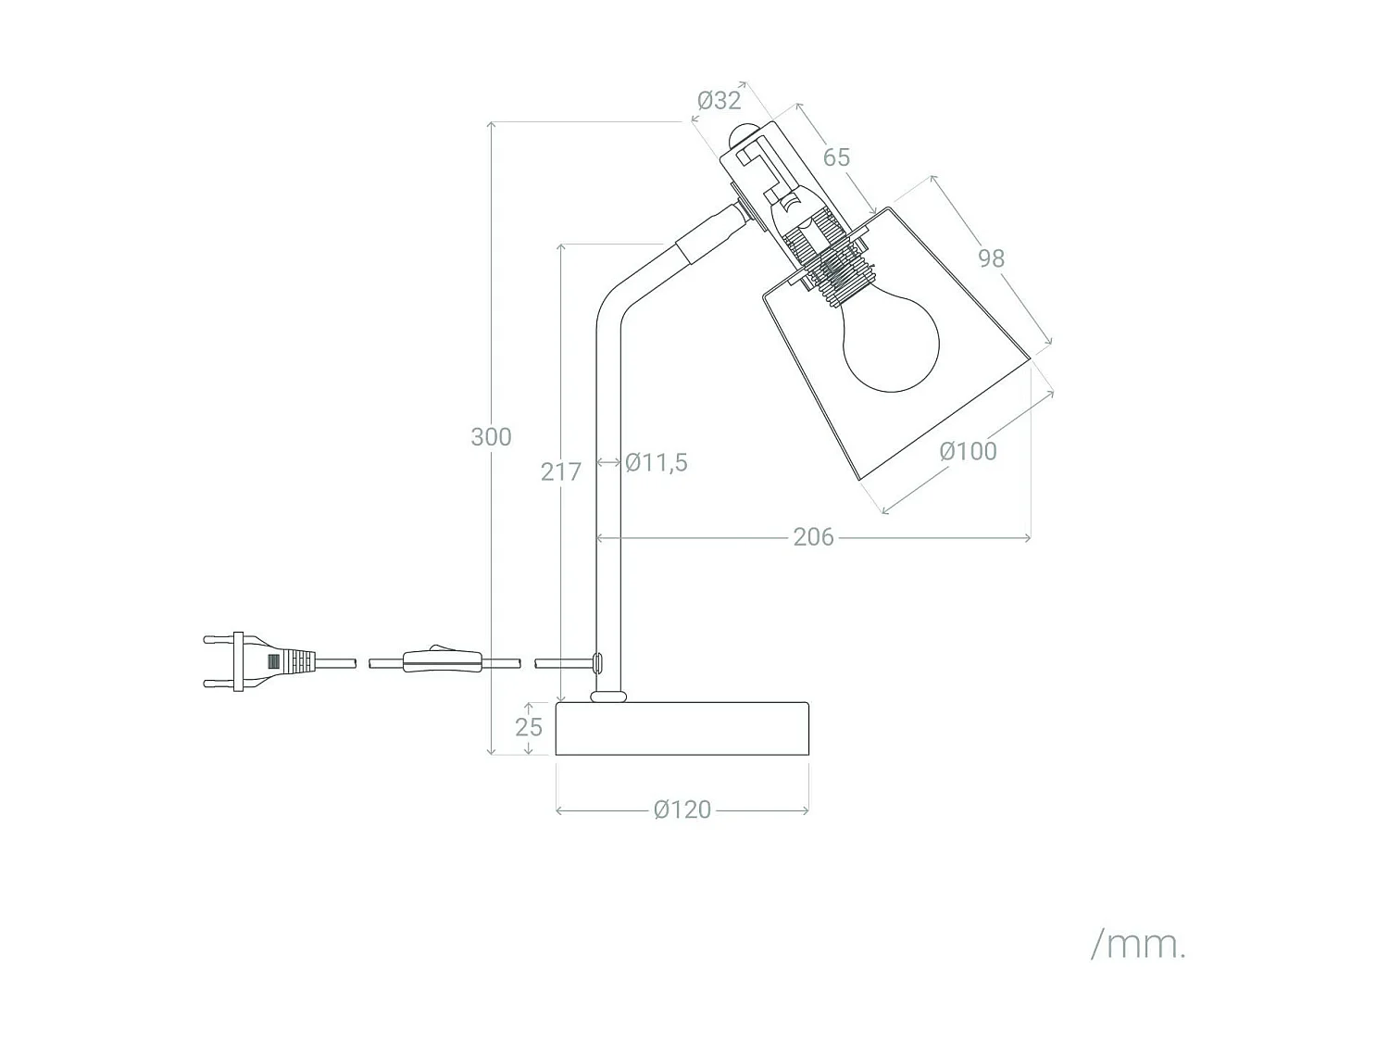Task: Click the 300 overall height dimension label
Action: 491,436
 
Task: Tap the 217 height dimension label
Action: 561,471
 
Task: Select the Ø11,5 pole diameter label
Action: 656,462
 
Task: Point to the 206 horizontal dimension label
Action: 813,537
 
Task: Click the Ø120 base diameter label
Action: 682,810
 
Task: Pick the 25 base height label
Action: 529,727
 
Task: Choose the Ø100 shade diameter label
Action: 968,451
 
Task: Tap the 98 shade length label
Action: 991,258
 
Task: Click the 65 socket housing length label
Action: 836,157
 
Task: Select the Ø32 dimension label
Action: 719,100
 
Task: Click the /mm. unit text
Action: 1138,945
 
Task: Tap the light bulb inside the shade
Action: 891,344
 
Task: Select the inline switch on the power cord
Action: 442,661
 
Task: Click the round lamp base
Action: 682,729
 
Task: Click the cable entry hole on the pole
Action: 597,661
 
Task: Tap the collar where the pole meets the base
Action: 608,696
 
